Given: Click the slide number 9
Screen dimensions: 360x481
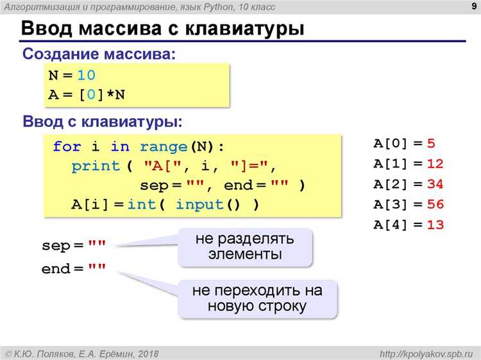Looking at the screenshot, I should coord(472,7).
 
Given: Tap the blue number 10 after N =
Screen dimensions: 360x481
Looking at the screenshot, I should coord(86,75).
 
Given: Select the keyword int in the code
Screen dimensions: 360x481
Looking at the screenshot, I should coord(141,205).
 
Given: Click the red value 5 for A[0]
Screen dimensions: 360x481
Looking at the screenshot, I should coord(431,143).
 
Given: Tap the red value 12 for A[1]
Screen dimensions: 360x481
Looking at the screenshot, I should coord(435,164).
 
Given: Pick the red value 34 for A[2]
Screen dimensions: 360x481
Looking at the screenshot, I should coord(435,184).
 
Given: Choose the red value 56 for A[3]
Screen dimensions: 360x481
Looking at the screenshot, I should coord(435,205).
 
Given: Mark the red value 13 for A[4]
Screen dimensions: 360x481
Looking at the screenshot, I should coord(435,225).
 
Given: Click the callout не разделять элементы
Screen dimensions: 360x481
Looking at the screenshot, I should coord(245,247).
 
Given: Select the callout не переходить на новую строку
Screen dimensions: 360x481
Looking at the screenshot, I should coord(257,298).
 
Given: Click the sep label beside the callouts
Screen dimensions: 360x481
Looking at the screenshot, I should coord(54,246).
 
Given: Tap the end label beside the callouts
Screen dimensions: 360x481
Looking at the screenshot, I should coord(55,270).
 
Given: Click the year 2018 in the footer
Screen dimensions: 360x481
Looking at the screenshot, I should coord(147,353).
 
